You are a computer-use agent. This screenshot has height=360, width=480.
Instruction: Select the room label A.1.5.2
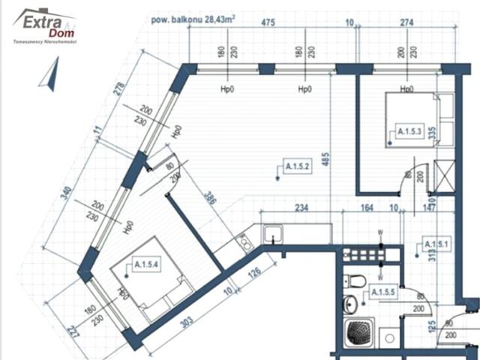coord(297,166)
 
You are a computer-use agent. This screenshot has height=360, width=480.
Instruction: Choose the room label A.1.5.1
coord(436,244)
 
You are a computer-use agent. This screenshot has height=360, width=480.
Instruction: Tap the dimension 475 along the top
coord(267,23)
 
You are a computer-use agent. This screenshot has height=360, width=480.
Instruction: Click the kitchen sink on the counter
coord(271,234)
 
